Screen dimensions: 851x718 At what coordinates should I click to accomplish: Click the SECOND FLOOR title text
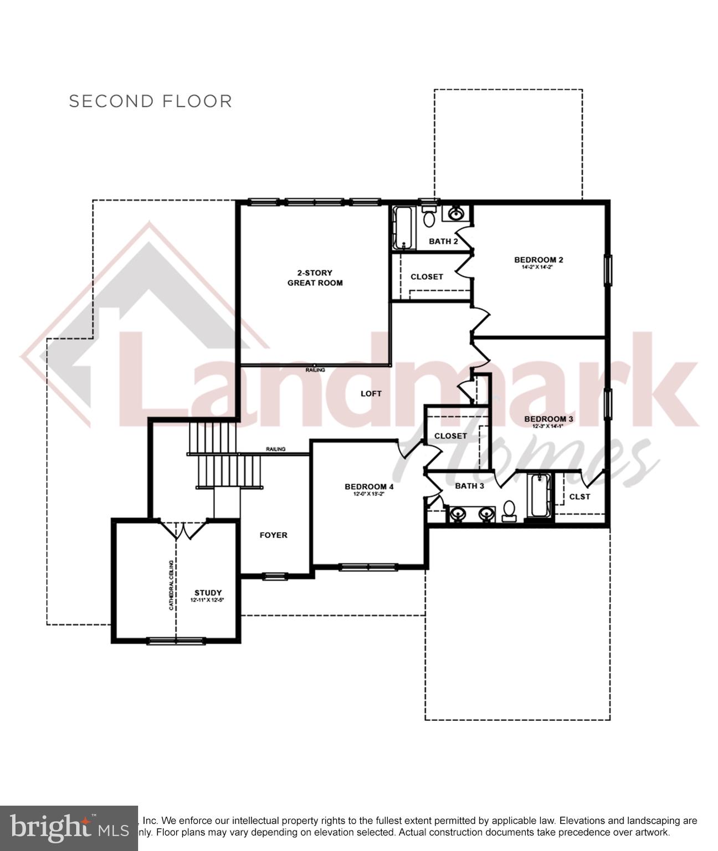(x=150, y=101)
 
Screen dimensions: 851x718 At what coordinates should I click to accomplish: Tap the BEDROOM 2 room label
(x=538, y=260)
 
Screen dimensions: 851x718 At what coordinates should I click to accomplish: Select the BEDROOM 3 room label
(x=548, y=419)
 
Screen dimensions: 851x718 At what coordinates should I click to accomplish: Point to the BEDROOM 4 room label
(x=369, y=487)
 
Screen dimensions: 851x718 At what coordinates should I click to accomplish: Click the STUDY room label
(x=208, y=593)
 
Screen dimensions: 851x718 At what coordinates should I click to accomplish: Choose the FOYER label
(x=274, y=535)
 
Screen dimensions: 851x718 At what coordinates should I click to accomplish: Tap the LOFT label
(x=371, y=394)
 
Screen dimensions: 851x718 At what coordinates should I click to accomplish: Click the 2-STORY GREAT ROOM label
(x=315, y=278)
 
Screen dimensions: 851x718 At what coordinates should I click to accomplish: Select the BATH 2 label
(x=443, y=242)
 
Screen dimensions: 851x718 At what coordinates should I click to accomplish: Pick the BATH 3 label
(x=469, y=486)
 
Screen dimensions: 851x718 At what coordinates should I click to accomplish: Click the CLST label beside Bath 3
(x=579, y=496)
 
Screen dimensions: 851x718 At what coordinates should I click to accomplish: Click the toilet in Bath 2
(x=429, y=217)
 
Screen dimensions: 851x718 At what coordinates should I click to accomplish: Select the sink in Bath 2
(x=456, y=213)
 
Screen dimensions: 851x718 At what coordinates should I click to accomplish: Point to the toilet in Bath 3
(x=509, y=511)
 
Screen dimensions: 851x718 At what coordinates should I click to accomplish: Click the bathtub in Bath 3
(x=538, y=496)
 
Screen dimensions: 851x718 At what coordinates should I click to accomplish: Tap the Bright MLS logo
(x=68, y=828)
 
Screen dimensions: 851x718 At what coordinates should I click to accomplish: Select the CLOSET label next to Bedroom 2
(x=427, y=277)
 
